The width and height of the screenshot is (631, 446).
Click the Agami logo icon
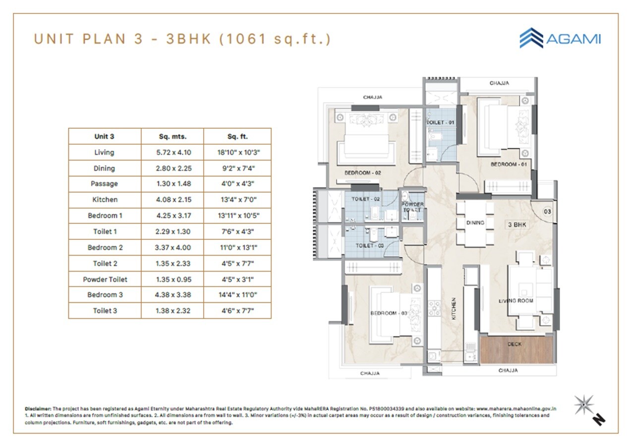coord(531,38)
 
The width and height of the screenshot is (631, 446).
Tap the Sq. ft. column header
coord(237,137)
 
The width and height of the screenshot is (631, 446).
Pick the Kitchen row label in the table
coord(105,200)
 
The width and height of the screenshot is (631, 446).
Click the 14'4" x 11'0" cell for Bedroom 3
coord(237,295)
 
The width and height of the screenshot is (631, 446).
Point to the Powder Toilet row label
coord(105,279)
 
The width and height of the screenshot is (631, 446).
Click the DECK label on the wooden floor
coord(514,344)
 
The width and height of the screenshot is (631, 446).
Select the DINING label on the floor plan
coord(475,223)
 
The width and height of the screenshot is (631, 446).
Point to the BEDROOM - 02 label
coord(362,173)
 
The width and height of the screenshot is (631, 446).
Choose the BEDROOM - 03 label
coord(389,313)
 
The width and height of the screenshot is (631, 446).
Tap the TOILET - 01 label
coord(440,121)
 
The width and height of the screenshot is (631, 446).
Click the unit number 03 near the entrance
coord(547,212)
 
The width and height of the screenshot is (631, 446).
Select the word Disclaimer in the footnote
coord(38,409)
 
